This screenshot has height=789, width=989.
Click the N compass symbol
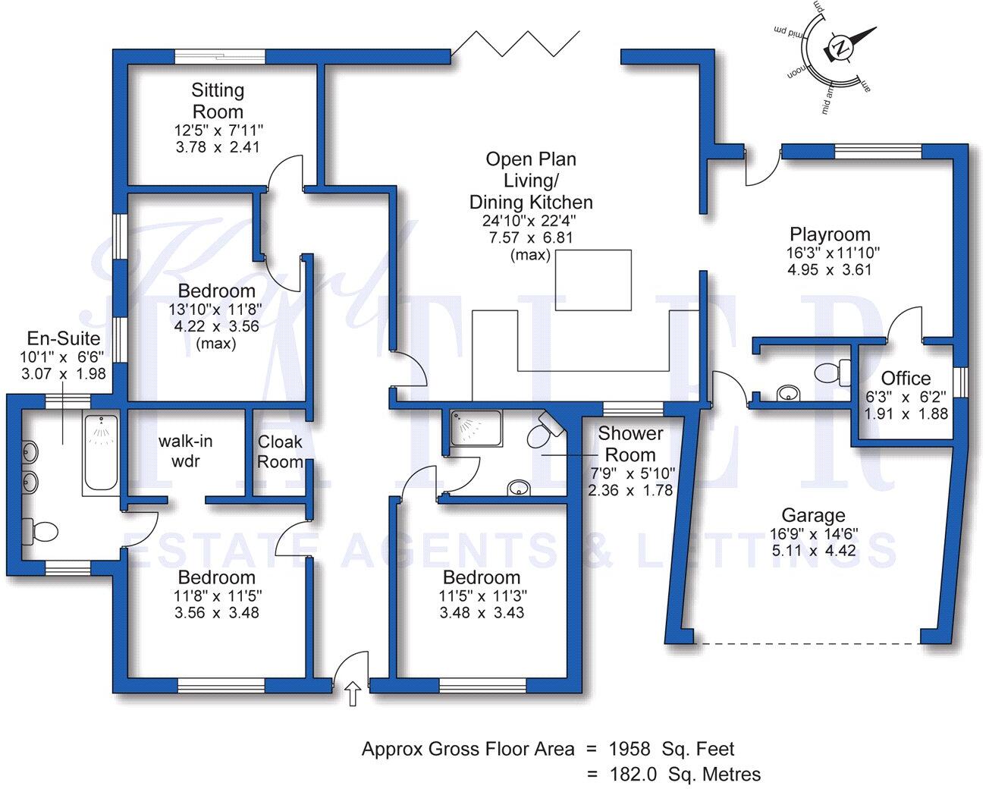coord(841,47)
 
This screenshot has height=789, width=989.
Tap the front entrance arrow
coord(353,693)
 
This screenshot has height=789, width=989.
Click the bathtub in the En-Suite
coord(101,452)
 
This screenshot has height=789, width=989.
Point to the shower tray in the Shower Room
coord(476,428)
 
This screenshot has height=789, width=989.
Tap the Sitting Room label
coord(218,101)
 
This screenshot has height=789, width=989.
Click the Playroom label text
coord(830,234)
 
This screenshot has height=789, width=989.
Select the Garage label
coord(814,515)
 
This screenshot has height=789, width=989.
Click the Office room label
coord(906,379)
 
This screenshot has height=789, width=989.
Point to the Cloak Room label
coord(280,451)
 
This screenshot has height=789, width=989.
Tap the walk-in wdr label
coord(186,451)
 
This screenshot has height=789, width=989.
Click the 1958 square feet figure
coord(630,749)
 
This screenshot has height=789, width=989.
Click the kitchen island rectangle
coord(593,280)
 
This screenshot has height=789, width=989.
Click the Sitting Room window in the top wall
coord(220,56)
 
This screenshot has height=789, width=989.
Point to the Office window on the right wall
coord(960,382)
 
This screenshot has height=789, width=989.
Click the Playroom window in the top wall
coord(878,151)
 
